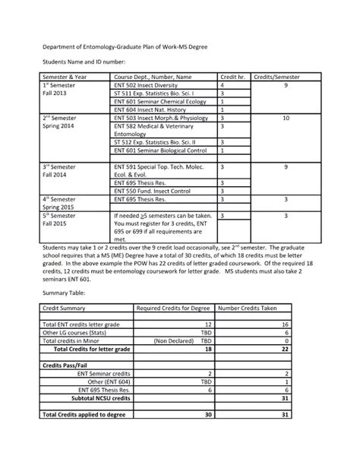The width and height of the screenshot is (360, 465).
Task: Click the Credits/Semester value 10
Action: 286,119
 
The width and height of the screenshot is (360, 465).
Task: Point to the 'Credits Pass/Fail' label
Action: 68,365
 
